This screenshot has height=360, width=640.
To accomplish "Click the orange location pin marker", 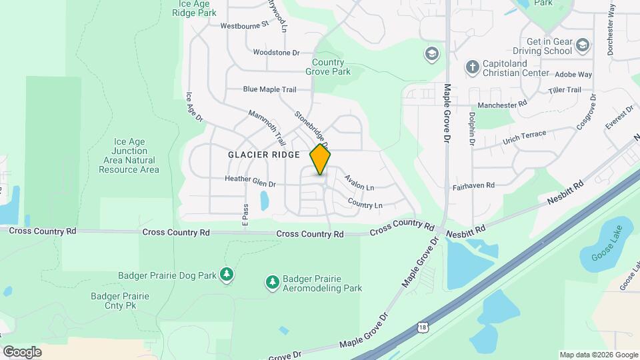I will pos(321,159).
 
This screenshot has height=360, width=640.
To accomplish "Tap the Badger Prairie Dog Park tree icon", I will pos(227,275).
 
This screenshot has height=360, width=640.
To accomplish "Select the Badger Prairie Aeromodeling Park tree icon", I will pos(272,283).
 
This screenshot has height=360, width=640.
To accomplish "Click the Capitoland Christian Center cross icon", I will pos(472,67).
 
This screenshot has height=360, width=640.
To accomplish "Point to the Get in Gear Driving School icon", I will pos(583,45).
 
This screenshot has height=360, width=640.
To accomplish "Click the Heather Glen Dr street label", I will pos(250,179).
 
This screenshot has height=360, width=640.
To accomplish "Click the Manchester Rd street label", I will pos(502,105).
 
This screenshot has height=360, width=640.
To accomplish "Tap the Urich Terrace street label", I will pos(525,136).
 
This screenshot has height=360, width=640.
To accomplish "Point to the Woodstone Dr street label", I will pos(277,52).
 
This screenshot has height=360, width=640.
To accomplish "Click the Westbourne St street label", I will pos(244,25).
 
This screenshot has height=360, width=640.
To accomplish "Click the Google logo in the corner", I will pos(22,352).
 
